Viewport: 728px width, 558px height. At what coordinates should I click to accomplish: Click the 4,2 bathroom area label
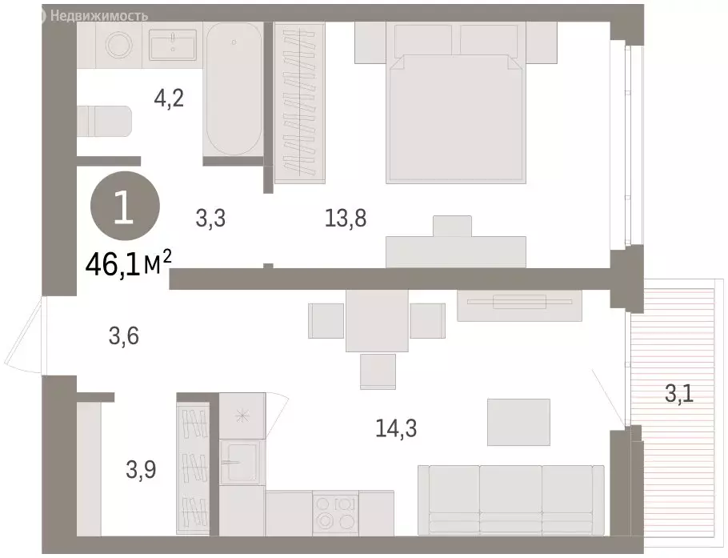[x=169, y=98]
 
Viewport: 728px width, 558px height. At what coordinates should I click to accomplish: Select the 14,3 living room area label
[x=396, y=428]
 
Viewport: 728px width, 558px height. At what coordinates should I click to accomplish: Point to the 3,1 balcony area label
[x=680, y=393]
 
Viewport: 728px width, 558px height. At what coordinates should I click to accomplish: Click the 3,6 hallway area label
[x=124, y=337]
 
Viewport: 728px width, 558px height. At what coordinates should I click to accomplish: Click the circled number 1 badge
[x=124, y=209]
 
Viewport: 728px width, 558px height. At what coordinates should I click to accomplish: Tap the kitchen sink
[x=240, y=461]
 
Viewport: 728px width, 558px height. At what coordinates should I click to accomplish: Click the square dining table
[x=378, y=320]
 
